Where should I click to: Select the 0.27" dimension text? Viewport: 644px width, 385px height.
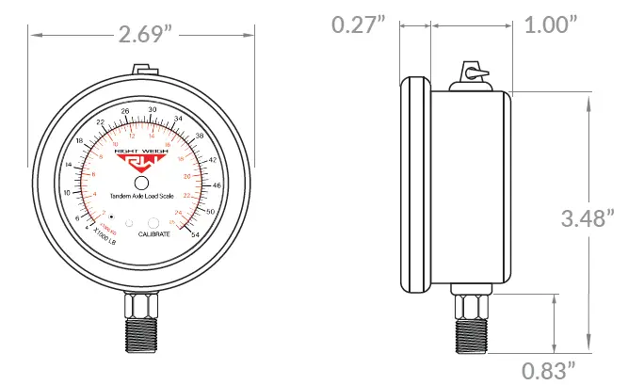click(360, 24)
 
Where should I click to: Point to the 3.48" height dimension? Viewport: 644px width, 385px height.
click(588, 219)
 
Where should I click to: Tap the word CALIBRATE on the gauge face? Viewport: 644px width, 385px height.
click(153, 233)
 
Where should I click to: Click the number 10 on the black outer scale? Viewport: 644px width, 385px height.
click(66, 192)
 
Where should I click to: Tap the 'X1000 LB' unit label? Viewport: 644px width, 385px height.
click(98, 241)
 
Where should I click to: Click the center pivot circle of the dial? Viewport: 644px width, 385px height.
click(141, 183)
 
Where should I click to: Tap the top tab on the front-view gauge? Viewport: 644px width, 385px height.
click(142, 70)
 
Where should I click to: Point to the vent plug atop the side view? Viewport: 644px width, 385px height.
click(473, 76)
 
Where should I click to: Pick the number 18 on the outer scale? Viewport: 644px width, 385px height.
click(79, 141)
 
